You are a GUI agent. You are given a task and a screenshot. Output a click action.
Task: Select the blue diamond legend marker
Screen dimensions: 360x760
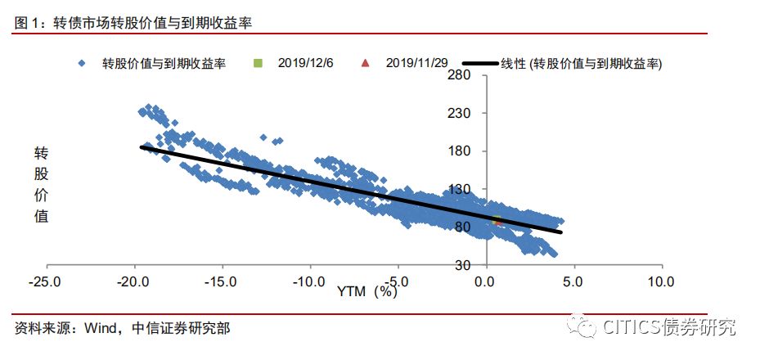coord(81,62)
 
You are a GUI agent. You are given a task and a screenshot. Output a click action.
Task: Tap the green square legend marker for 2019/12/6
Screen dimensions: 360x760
coord(259,62)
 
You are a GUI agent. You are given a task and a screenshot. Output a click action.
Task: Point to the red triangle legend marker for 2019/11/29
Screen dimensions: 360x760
coord(366,62)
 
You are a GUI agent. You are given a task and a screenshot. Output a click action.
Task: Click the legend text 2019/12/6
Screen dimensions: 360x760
coord(305,62)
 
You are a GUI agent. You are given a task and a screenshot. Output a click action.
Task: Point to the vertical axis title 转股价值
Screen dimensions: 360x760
coord(41,185)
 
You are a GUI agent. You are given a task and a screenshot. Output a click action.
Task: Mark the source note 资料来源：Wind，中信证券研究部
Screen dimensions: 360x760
coord(123,328)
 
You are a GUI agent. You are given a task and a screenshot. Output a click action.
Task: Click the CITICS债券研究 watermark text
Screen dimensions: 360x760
coord(669,328)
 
